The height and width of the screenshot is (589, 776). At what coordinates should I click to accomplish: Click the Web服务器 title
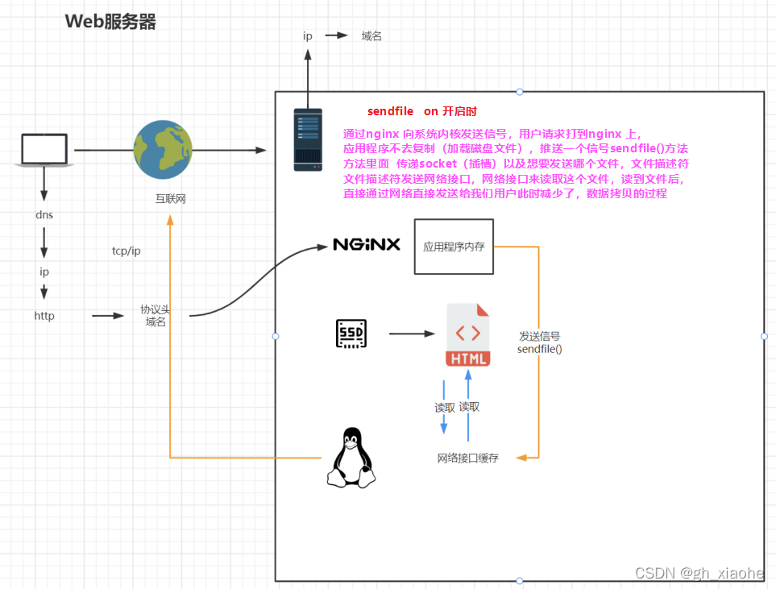tap(110, 22)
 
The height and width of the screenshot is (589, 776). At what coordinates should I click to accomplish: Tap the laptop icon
tap(44, 150)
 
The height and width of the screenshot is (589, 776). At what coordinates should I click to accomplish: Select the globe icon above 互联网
tap(163, 150)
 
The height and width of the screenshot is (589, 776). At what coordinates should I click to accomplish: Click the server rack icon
tap(308, 140)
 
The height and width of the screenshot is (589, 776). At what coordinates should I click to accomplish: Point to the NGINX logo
tap(367, 244)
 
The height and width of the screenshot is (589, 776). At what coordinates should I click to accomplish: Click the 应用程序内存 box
tap(454, 247)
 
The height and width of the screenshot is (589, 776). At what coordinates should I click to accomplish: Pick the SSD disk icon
tap(351, 334)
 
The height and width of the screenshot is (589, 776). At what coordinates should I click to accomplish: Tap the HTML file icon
tap(468, 334)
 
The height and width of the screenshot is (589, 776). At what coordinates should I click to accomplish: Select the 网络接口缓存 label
tap(467, 458)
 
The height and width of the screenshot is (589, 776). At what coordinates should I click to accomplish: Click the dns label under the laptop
tap(44, 215)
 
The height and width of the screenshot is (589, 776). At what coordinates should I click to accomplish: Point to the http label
tap(44, 316)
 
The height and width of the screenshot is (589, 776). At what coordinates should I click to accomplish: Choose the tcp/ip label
tap(127, 251)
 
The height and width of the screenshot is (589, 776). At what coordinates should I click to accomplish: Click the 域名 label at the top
tap(371, 36)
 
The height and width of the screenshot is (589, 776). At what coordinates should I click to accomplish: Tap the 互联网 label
tap(170, 198)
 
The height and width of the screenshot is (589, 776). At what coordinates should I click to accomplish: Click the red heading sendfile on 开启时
tap(427, 111)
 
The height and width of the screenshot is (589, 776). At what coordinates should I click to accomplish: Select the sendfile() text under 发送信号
tap(540, 349)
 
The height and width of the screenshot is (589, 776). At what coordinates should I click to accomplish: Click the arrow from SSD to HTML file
tap(412, 334)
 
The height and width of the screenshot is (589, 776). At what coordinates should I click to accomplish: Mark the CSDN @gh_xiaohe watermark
tap(699, 573)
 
